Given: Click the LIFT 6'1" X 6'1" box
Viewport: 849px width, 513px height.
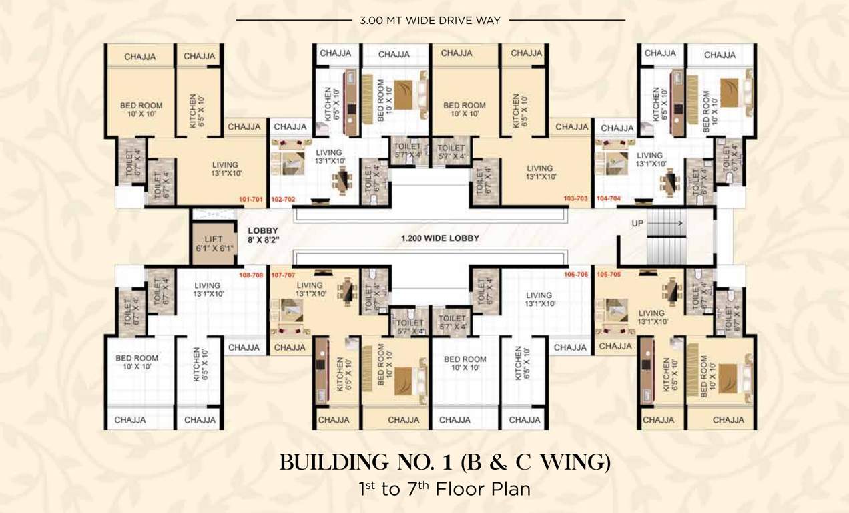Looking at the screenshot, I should point(212,242).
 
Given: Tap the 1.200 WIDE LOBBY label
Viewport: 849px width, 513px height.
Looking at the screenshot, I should point(440,238).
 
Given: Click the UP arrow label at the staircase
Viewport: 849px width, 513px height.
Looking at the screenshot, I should point(638,223).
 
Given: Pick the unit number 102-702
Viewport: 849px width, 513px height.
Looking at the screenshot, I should point(283,199).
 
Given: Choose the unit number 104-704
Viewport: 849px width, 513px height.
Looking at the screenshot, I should point(608,199).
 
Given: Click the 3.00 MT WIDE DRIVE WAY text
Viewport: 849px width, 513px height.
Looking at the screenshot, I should point(431,21).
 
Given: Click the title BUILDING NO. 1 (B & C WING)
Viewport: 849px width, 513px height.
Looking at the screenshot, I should point(445,462).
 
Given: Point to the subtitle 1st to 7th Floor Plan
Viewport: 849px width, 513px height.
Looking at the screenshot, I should point(445,489).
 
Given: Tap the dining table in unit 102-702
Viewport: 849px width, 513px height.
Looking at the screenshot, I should point(342,179).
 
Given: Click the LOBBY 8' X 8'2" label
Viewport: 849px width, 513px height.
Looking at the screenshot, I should point(262,235).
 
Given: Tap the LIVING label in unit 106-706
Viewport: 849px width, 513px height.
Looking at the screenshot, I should point(539,299).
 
